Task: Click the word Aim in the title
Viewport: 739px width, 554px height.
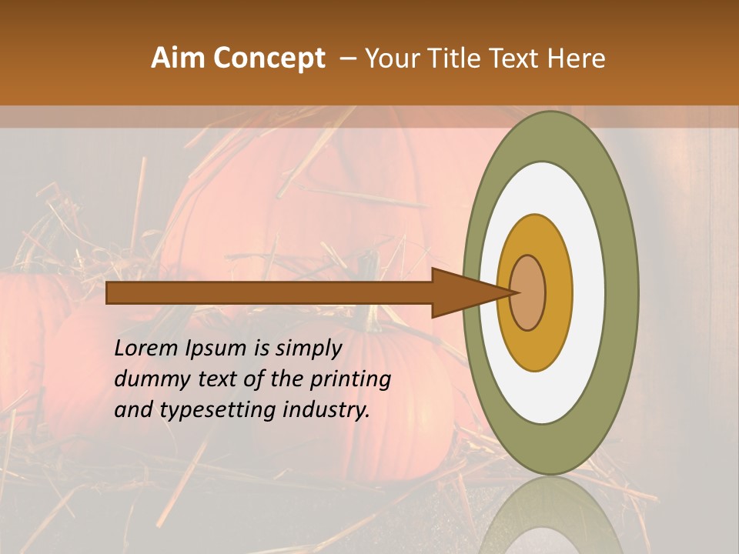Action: (x=179, y=58)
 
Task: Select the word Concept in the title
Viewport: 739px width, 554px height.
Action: (x=269, y=58)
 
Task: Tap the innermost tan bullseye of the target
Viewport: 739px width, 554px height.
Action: (x=527, y=293)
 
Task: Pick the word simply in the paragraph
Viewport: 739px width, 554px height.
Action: (x=308, y=349)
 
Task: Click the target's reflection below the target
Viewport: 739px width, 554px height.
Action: (x=550, y=519)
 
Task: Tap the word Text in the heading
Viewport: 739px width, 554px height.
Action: (x=517, y=58)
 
